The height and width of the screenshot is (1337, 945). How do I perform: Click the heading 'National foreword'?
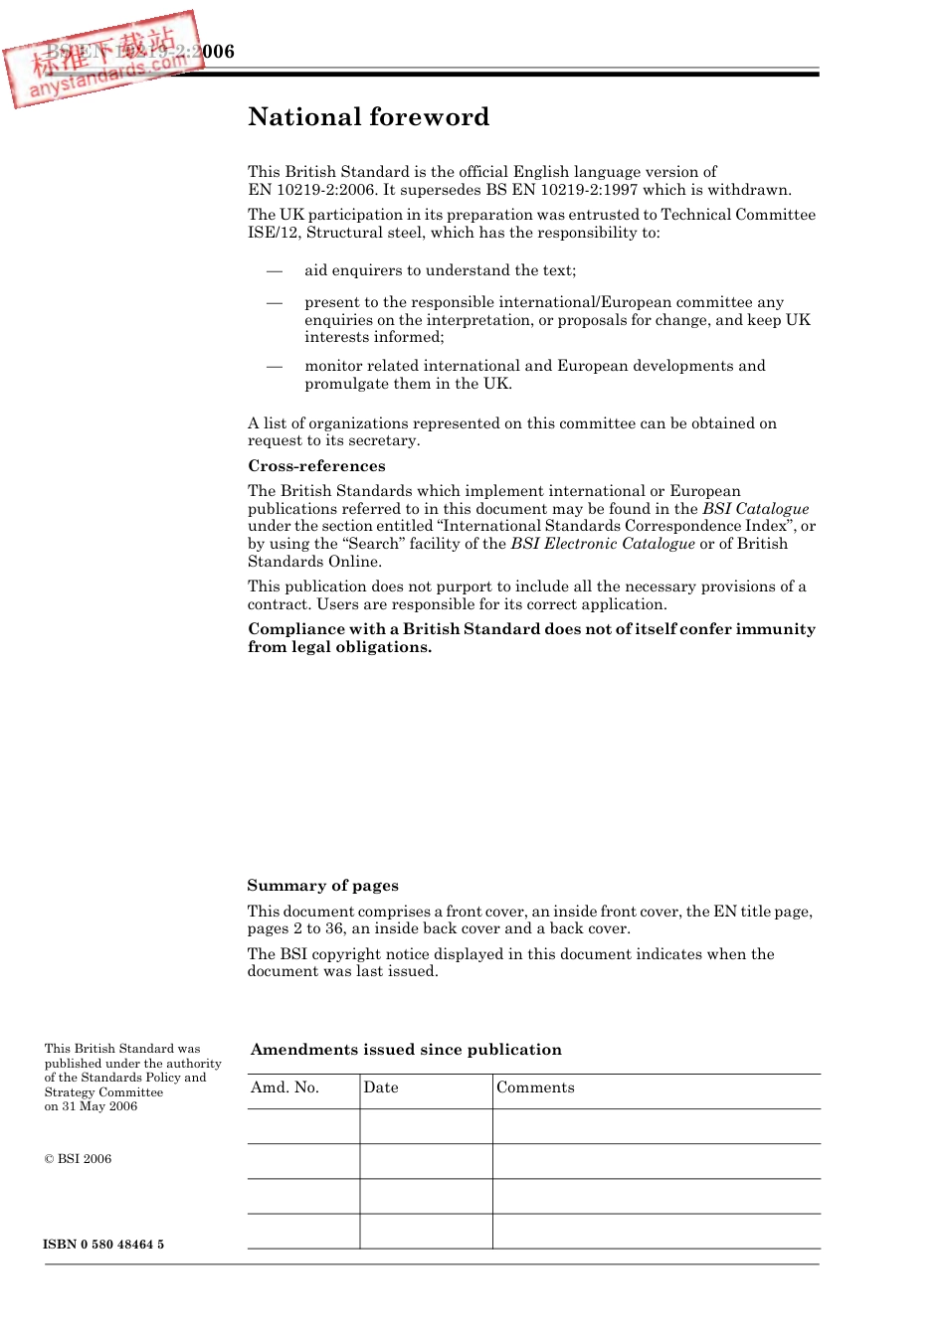coord(368,117)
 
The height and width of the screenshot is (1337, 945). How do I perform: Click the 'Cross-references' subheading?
coord(316,466)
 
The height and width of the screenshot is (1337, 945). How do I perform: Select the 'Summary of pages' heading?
coord(322,886)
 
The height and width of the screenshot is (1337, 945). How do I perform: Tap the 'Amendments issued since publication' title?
coord(406,1050)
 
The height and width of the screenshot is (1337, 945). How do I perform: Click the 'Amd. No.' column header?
coord(284,1087)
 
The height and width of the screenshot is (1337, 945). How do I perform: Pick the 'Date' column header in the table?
coord(381,1087)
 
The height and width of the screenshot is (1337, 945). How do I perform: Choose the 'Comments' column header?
coord(535,1087)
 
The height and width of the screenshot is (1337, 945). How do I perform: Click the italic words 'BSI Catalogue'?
coord(755,509)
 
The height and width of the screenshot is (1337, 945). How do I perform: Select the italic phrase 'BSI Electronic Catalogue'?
coord(603,544)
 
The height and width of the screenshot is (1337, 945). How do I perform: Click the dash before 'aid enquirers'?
coord(275,270)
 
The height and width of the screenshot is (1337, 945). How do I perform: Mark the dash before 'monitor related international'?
coord(275,366)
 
